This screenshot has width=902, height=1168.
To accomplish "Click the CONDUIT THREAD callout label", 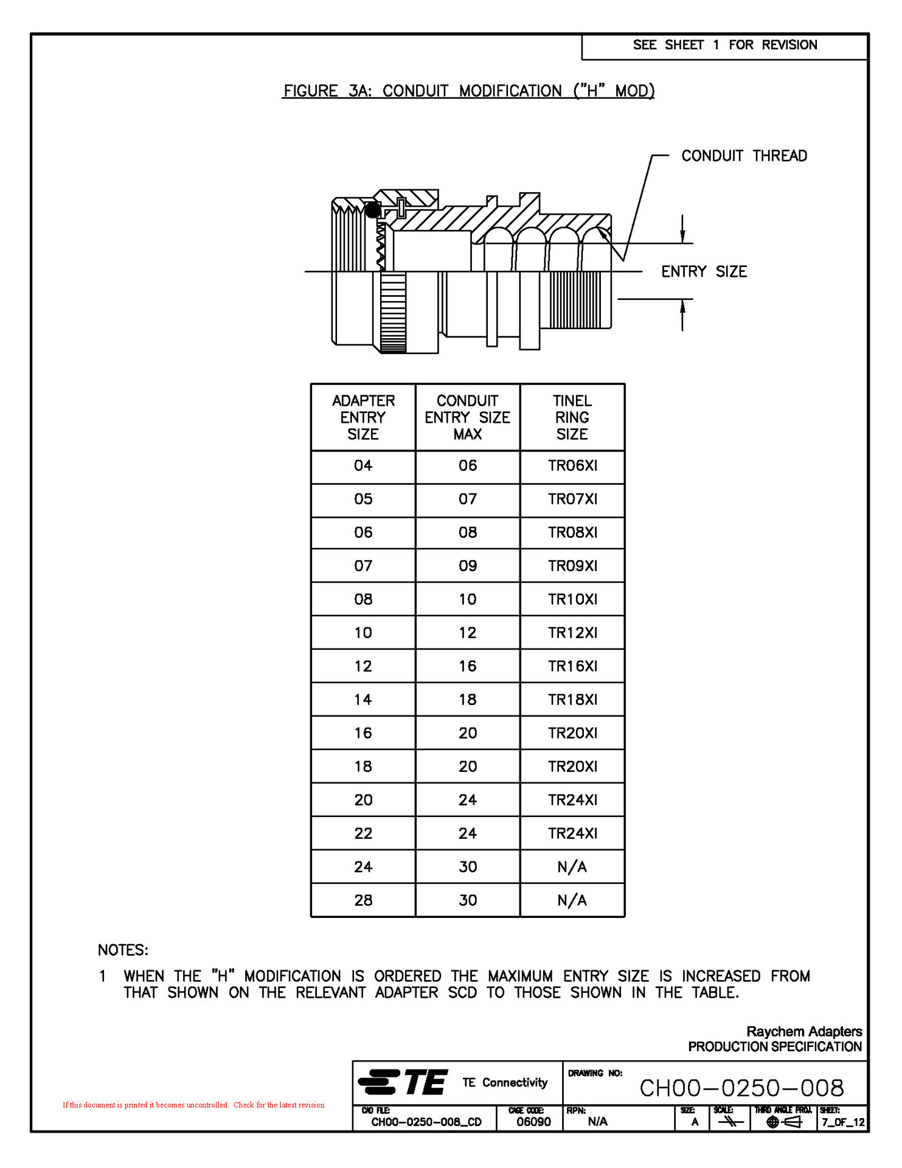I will [743, 156].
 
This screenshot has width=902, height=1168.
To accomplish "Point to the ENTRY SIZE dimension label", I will [704, 271].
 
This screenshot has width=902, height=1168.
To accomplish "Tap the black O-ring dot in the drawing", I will [373, 210].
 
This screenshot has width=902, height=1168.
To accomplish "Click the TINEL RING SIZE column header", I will [572, 417].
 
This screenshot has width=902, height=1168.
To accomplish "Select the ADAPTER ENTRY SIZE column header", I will [363, 417].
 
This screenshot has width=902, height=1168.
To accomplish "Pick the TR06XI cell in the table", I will [572, 466].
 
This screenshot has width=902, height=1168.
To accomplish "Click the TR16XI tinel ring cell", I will [572, 667].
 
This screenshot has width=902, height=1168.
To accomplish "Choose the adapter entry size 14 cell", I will [363, 700].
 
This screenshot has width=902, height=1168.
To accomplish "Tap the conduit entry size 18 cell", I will [467, 700].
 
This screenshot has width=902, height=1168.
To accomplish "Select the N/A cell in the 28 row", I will [572, 901].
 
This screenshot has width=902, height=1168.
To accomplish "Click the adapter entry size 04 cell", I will [363, 466].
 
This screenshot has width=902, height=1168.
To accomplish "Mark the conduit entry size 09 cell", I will [467, 566].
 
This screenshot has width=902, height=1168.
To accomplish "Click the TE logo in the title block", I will [404, 1083].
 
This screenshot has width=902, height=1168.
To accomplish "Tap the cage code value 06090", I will [533, 1122].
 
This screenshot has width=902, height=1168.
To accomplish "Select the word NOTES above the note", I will [123, 950].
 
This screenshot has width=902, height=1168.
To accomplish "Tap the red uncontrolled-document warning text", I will [193, 1105].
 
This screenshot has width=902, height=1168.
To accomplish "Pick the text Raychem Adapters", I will [803, 1032].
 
